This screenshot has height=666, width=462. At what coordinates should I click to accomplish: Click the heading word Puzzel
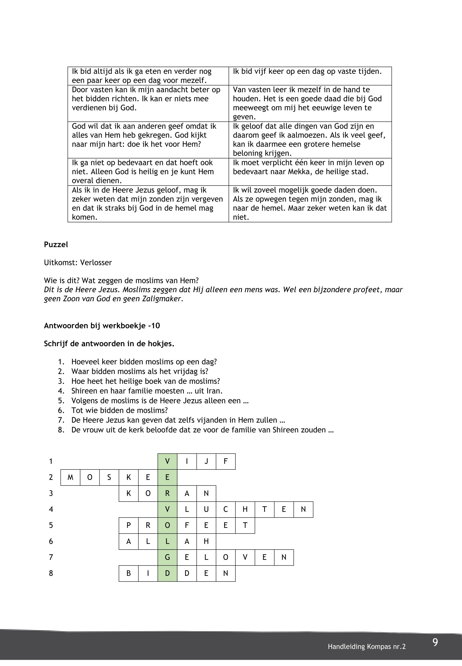(x=56, y=245)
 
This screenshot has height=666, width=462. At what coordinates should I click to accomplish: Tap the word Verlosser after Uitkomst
(x=96, y=263)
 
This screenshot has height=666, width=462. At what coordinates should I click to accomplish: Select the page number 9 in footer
(x=435, y=642)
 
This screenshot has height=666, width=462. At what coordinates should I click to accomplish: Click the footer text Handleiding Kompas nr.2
(x=367, y=647)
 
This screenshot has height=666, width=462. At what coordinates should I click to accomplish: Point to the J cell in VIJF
(x=206, y=461)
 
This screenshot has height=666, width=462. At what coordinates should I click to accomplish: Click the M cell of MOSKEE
(x=70, y=477)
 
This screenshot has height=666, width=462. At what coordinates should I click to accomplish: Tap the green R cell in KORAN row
(x=167, y=493)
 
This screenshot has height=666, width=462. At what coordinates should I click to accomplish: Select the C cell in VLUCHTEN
(x=226, y=509)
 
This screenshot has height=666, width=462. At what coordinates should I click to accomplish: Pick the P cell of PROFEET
(x=128, y=525)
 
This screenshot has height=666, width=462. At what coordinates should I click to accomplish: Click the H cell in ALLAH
(x=206, y=541)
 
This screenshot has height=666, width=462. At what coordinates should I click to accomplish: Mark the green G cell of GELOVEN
(x=167, y=557)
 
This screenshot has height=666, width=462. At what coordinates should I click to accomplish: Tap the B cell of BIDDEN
(x=128, y=573)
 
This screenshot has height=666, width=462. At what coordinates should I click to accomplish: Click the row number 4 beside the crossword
(x=51, y=509)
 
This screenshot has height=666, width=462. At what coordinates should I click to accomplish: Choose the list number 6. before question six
(x=61, y=410)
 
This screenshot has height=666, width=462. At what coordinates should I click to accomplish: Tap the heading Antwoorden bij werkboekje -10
(x=102, y=326)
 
